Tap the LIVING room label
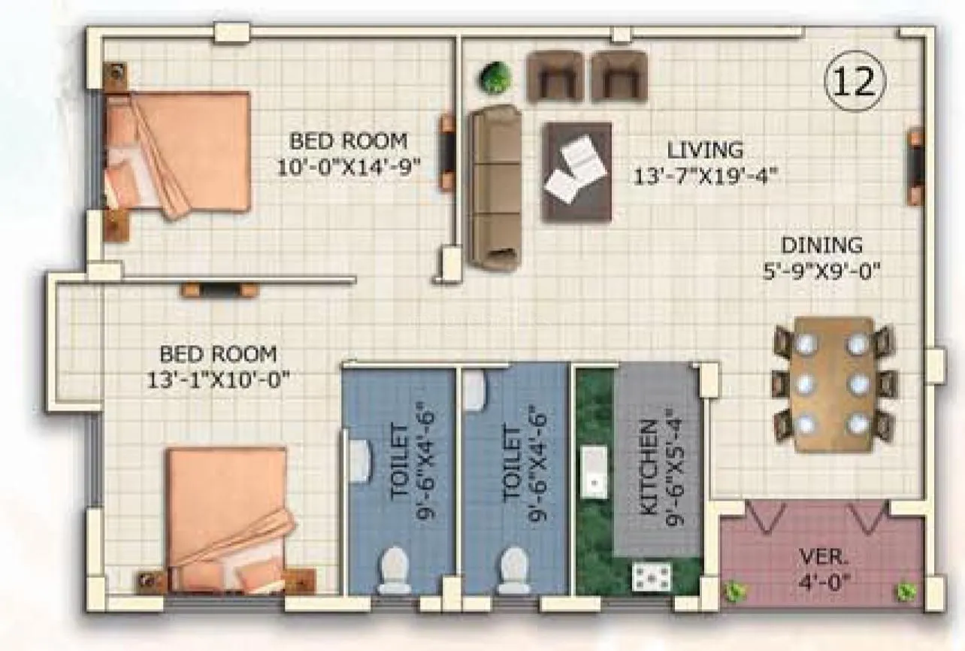(705, 150)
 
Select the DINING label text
(821, 245)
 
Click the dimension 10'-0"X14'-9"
(349, 166)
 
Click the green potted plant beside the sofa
(495, 76)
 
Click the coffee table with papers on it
(576, 172)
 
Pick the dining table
(833, 384)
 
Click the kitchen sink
(594, 471)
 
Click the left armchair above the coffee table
(555, 76)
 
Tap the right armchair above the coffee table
(619, 76)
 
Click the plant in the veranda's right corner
(906, 591)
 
